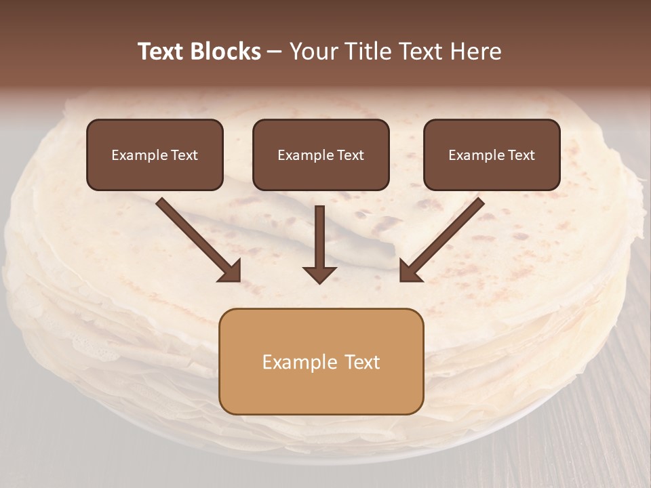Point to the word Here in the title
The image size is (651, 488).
[x=479, y=52]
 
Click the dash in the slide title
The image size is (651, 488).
[x=275, y=52]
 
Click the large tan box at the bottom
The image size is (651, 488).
[x=321, y=390]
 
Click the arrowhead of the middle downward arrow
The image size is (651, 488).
[x=319, y=274]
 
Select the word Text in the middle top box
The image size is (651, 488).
[x=351, y=155]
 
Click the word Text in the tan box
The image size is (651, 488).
[x=362, y=362]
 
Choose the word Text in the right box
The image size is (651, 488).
[x=521, y=155]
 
